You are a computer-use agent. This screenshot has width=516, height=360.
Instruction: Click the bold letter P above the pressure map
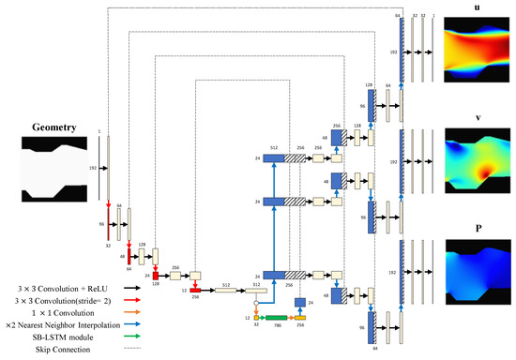[478, 226]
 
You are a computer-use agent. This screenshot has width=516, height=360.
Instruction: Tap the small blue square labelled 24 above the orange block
[300, 302]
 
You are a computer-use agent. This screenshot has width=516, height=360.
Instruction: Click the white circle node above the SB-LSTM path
[255, 304]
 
